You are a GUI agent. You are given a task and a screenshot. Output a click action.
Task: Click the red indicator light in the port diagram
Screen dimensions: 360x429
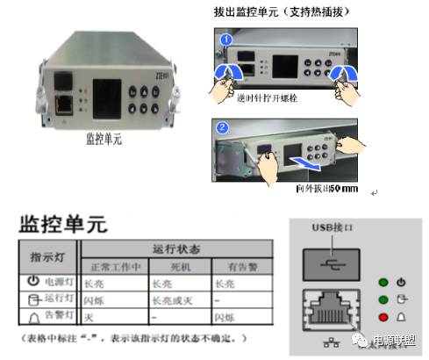coord(383,315)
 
